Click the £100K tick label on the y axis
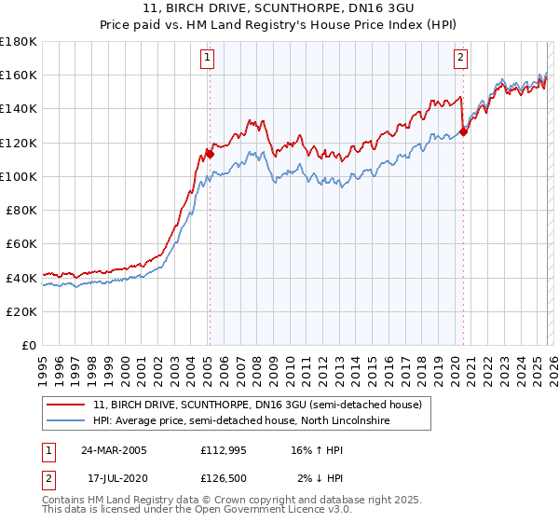click(19, 176)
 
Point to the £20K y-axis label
click(21, 311)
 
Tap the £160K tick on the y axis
click(19, 75)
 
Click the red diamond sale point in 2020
click(463, 131)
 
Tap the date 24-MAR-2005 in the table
click(114, 450)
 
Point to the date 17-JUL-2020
click(114, 478)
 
